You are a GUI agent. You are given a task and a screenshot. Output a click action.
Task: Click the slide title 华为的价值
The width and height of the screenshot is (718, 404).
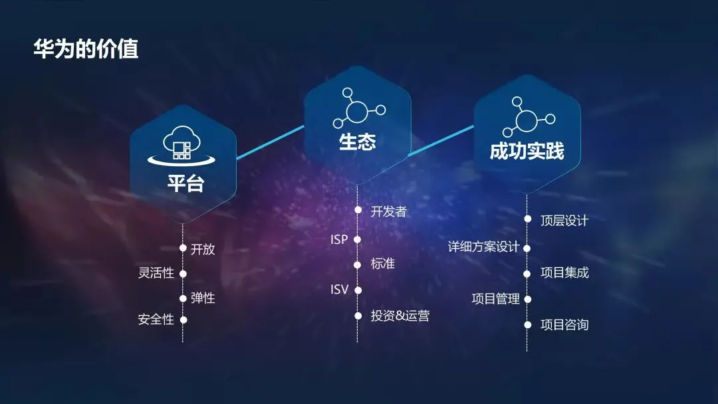point(86,49)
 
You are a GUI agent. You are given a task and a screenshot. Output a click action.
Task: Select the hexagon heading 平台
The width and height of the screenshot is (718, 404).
point(185,183)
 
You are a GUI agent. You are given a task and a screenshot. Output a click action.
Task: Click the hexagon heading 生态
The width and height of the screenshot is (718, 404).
point(358,142)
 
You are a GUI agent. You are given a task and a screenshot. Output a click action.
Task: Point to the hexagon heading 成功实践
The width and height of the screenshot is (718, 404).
point(527,151)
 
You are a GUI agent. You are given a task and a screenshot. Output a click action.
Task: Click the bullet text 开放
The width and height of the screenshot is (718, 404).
point(203,249)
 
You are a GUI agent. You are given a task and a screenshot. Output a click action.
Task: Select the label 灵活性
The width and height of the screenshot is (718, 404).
point(156,273)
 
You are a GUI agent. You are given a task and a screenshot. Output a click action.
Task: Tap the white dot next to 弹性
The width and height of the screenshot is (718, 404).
point(183,298)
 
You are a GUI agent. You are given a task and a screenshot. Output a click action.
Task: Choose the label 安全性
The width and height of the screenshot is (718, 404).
point(156,320)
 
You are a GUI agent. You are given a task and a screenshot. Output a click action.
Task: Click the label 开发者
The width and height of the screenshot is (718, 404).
point(388,211)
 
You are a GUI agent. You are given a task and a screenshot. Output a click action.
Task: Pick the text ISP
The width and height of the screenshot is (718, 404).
point(339,239)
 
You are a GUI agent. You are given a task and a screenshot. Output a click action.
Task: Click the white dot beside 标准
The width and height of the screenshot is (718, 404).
point(358,264)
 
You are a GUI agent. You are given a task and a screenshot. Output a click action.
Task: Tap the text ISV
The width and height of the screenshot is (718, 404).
point(339,290)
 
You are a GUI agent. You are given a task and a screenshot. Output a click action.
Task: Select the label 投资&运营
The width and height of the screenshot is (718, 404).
point(400,316)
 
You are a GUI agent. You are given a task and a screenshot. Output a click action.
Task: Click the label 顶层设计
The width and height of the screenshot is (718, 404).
point(564,221)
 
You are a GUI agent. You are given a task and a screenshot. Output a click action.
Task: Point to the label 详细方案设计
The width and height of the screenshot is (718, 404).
point(483,247)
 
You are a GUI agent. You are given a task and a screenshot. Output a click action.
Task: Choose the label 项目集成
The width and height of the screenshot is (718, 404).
point(564,272)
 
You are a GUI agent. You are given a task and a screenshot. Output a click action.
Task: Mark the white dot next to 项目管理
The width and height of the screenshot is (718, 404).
point(527,299)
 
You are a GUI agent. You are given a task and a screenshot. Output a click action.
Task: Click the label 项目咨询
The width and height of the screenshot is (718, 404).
point(564,325)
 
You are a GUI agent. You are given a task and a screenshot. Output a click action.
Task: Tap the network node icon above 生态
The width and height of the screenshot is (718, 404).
point(358,108)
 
